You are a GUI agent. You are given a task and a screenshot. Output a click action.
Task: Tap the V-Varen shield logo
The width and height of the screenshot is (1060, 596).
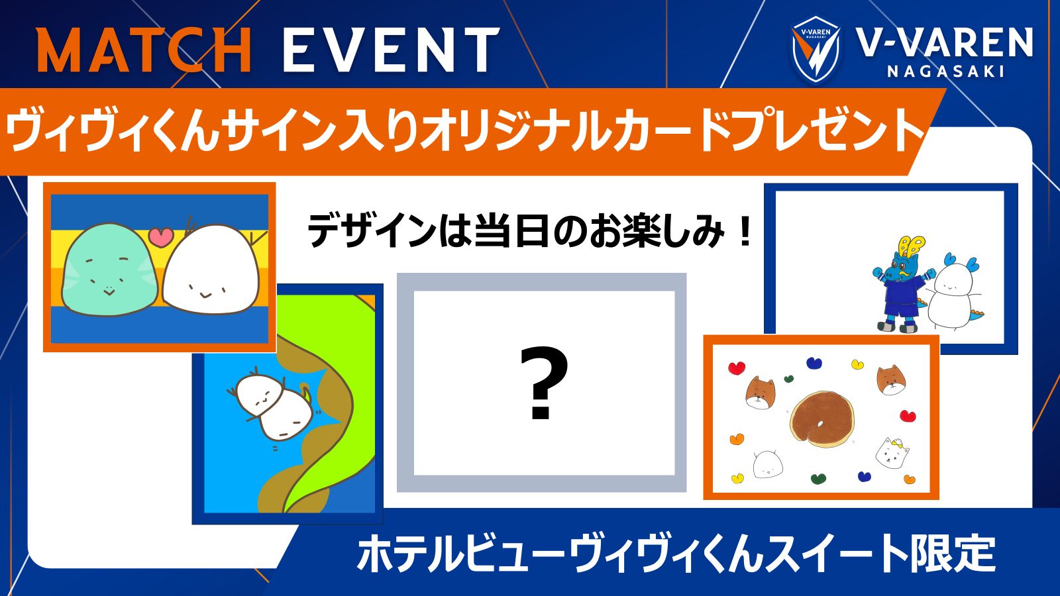tap(816, 50)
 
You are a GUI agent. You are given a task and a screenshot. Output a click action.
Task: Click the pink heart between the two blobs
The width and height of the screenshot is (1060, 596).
tap(160, 236)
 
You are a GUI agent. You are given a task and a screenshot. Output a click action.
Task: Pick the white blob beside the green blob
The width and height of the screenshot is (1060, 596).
tap(211, 270)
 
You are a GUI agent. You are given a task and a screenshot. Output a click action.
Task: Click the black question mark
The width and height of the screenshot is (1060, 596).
tap(542, 384)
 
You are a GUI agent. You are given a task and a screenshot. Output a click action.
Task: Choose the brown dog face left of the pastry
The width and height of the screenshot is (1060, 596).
tap(760, 393)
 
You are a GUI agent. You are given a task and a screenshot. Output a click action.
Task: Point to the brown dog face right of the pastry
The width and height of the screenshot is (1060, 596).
tap(891, 379)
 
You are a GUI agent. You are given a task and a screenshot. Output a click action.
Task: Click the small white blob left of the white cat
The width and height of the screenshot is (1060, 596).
tap(768, 464)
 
